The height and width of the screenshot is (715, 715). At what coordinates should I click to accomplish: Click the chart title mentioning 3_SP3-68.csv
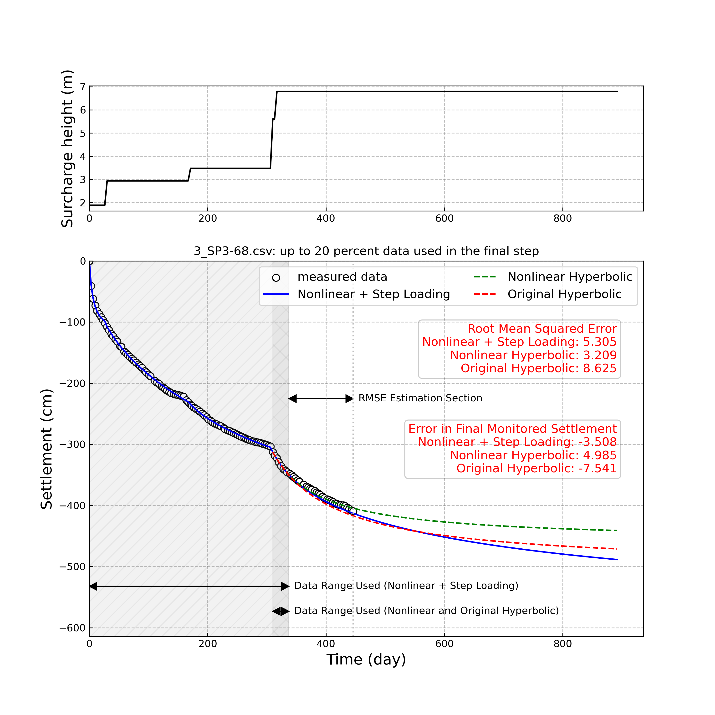(x=366, y=251)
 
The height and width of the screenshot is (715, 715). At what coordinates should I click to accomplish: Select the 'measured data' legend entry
(x=342, y=277)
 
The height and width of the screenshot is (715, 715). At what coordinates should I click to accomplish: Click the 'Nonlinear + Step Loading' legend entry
(x=373, y=294)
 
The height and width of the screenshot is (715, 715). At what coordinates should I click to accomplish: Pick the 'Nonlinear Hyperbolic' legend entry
(x=570, y=277)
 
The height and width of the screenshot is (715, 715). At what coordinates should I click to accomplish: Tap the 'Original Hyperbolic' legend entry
(x=564, y=294)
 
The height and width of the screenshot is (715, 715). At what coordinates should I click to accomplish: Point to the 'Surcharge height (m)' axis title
(x=67, y=148)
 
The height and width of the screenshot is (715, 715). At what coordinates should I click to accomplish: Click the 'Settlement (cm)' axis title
(x=47, y=449)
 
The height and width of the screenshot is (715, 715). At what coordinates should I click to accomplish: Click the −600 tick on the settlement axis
(x=72, y=628)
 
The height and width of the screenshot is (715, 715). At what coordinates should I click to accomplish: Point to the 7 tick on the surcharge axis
(x=82, y=87)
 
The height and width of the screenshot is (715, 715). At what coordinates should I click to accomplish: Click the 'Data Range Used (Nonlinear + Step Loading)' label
(x=406, y=586)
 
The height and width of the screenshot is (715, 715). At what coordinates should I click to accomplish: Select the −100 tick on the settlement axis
(x=72, y=322)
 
